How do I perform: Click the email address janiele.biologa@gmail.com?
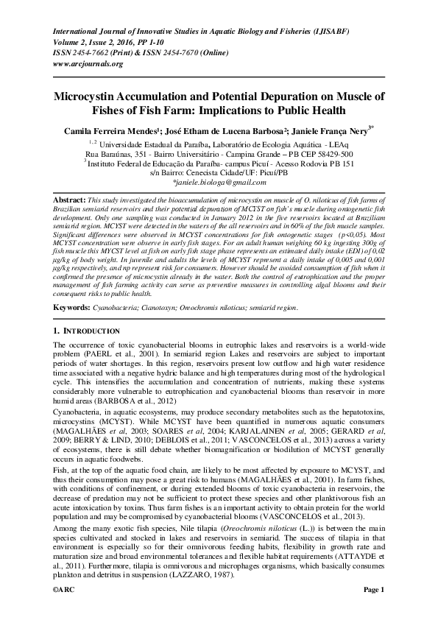[x=219, y=181]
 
